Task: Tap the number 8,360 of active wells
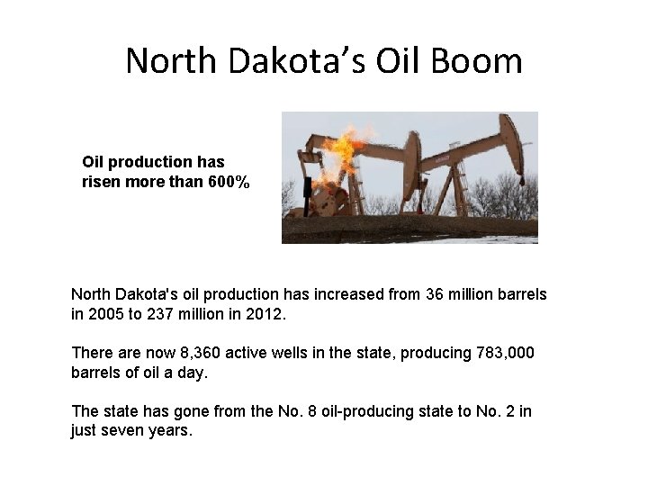pos(185,353)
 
